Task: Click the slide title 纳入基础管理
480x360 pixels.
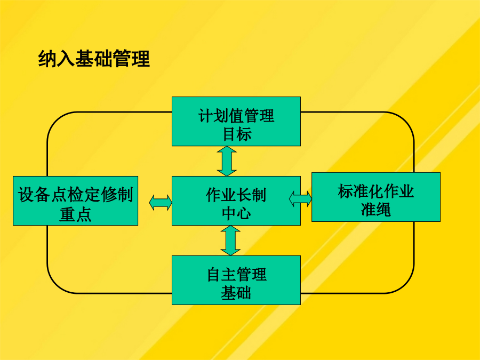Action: click(94, 59)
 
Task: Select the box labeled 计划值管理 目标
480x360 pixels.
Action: click(236, 121)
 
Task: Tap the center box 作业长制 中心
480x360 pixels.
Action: click(236, 201)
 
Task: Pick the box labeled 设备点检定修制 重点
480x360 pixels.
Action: click(75, 201)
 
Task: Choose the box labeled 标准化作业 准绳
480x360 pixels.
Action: click(376, 197)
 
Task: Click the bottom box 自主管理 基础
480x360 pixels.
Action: click(236, 280)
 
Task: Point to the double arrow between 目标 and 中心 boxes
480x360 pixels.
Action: click(227, 161)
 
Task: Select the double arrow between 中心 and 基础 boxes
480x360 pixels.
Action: click(230, 241)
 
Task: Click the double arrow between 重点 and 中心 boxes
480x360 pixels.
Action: click(161, 203)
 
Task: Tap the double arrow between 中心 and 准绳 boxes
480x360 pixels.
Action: click(300, 199)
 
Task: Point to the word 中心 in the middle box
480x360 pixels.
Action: click(236, 213)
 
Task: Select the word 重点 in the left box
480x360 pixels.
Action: click(75, 214)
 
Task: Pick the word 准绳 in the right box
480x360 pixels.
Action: click(376, 210)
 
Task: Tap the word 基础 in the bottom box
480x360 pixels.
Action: click(236, 293)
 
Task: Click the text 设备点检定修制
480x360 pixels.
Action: click(76, 195)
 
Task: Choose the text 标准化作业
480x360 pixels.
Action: click(376, 191)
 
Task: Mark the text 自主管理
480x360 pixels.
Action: click(237, 274)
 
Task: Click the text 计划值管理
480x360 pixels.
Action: click(236, 115)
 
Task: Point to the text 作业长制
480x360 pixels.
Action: click(236, 195)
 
